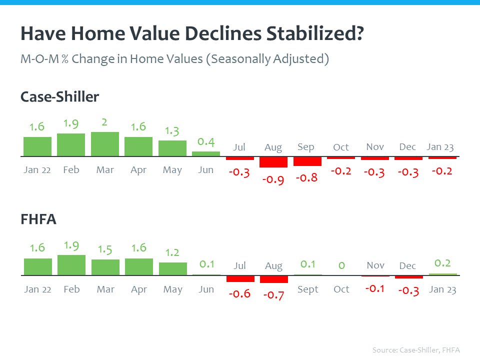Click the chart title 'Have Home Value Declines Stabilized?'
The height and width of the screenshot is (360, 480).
(192, 35)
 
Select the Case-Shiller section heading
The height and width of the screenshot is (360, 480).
(59, 96)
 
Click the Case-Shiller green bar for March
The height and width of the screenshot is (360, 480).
(105, 144)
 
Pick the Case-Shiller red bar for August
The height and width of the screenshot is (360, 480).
(273, 162)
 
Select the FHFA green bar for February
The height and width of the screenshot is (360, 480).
(71, 265)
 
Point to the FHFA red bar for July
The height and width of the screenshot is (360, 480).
(240, 278)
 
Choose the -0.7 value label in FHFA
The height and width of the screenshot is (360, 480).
(273, 295)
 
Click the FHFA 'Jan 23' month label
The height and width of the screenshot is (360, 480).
(442, 289)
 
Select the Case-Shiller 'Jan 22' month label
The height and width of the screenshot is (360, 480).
(37, 170)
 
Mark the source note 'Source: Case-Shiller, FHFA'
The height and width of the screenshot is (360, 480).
(416, 349)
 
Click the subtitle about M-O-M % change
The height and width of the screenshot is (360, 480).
(174, 58)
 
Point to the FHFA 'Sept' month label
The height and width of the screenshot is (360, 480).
(307, 289)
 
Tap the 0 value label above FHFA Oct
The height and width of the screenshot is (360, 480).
(341, 264)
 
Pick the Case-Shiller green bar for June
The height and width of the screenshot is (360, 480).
(206, 154)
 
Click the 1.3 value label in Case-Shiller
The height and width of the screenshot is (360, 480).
(172, 131)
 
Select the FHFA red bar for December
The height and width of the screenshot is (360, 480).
(408, 277)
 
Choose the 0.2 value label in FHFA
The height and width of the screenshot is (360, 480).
(442, 263)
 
